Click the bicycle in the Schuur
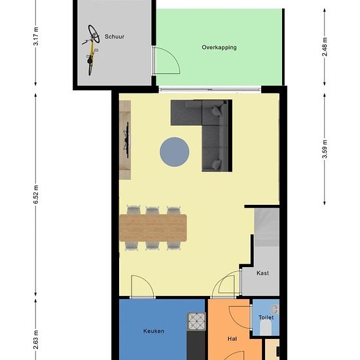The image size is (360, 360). tap(92, 50)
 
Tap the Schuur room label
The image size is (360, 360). tap(115, 37)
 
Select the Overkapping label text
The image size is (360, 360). tap(219, 48)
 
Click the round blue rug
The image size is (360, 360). tap(175, 152)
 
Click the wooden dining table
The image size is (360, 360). tap(153, 228)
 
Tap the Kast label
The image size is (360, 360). tap(262, 273)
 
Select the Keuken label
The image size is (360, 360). tap(153, 331)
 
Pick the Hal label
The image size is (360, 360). tap(232, 339)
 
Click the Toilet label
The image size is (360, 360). tap(266, 317)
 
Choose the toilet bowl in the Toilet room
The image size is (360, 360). tap(274, 307)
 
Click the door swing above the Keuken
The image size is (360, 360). tap(141, 287)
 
